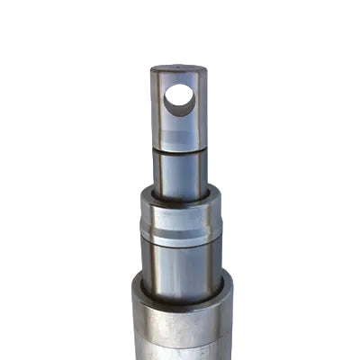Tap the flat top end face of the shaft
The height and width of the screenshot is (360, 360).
[x=178, y=69]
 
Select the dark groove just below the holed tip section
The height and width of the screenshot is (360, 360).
[x=179, y=152]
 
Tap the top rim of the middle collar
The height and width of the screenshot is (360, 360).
[x=180, y=193]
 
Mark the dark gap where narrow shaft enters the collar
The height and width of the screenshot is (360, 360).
[x=180, y=197]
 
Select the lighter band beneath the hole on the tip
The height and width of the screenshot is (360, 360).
[x=179, y=135]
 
